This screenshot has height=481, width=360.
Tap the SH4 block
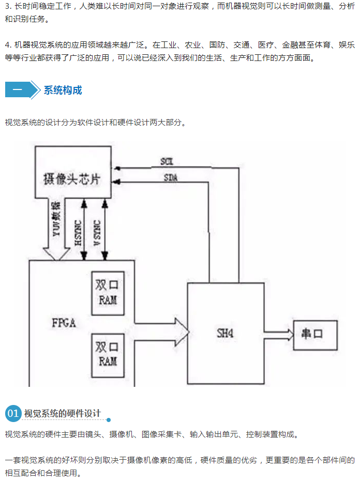[x=226, y=334]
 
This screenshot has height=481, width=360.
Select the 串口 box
[x=315, y=334]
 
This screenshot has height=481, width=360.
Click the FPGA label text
[x=64, y=323]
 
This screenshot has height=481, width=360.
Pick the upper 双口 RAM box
[x=108, y=293]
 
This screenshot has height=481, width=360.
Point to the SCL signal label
[x=167, y=162]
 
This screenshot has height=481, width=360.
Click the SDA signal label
[x=170, y=178]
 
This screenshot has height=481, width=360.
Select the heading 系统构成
[x=63, y=91]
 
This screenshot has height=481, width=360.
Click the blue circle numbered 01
[x=13, y=413]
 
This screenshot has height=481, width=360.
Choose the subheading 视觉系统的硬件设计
[x=63, y=413]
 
